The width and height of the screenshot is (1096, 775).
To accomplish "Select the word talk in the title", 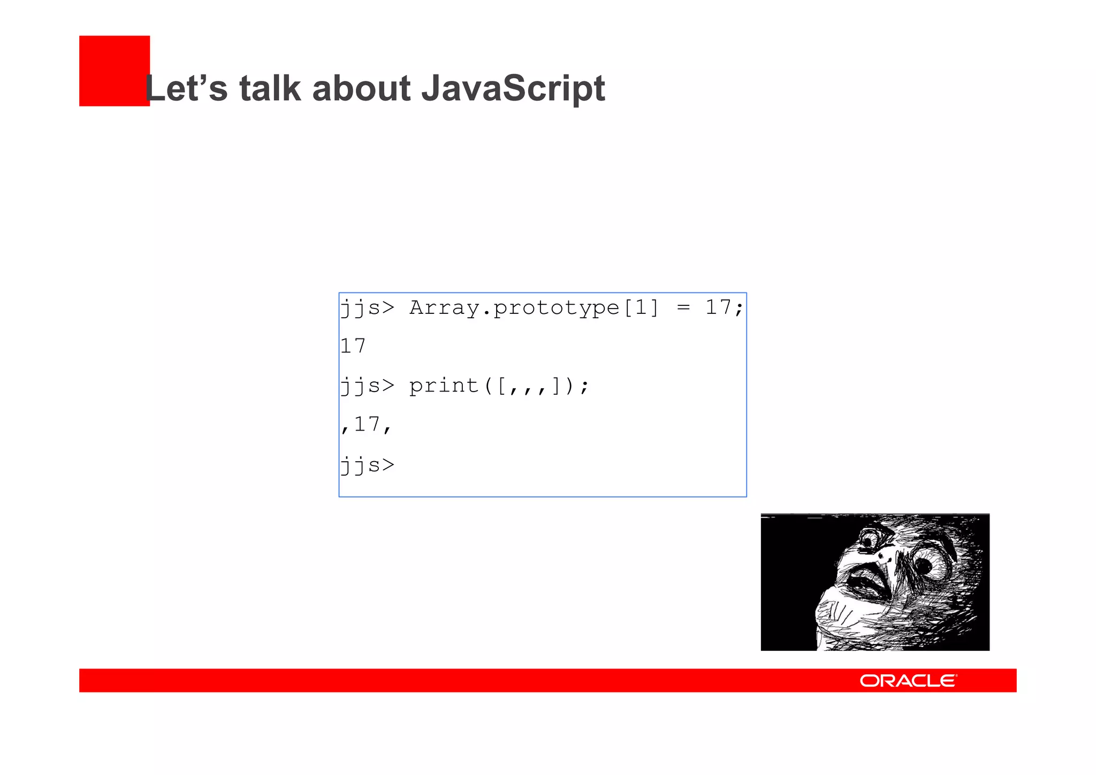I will pyautogui.click(x=270, y=88).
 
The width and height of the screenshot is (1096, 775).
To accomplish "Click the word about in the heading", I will pyautogui.click(x=361, y=88).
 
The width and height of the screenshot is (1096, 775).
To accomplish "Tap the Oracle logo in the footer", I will pyautogui.click(x=908, y=681).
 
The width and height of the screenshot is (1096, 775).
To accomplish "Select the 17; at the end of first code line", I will pyautogui.click(x=724, y=308).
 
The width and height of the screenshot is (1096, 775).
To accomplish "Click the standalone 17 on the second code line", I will pyautogui.click(x=353, y=346).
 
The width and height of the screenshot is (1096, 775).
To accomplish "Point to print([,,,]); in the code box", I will pyautogui.click(x=499, y=386).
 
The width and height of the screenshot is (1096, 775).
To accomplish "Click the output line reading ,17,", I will pyautogui.click(x=367, y=425).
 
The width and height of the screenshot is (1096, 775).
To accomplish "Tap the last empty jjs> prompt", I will pyautogui.click(x=367, y=465).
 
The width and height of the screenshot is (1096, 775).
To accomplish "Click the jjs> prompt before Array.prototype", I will pyautogui.click(x=367, y=308).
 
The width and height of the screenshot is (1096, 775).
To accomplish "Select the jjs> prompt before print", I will pyautogui.click(x=367, y=386).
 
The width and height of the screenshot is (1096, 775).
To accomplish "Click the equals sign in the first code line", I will pyautogui.click(x=683, y=308).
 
